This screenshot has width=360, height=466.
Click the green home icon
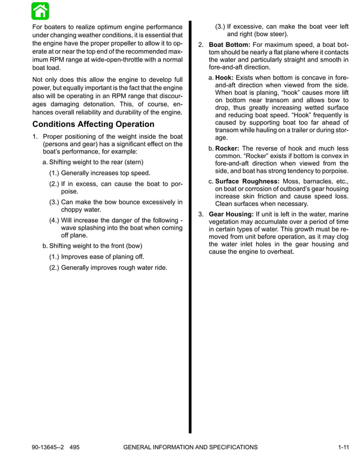tap(41, 11)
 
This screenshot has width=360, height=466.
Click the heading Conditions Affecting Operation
tap(93, 124)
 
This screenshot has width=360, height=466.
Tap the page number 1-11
tap(343, 447)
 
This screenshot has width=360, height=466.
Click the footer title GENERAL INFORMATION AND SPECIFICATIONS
tap(190, 447)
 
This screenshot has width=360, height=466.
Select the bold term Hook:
tap(226, 76)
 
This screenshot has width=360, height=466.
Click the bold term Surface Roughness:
tap(248, 181)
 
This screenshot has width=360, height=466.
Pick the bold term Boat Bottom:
tap(230, 44)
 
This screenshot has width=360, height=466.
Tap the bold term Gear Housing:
tap(231, 214)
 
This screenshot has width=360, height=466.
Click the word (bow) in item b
tap(131, 245)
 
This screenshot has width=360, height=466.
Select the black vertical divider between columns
tap(190, 226)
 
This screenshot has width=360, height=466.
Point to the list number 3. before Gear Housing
tap(201, 214)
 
